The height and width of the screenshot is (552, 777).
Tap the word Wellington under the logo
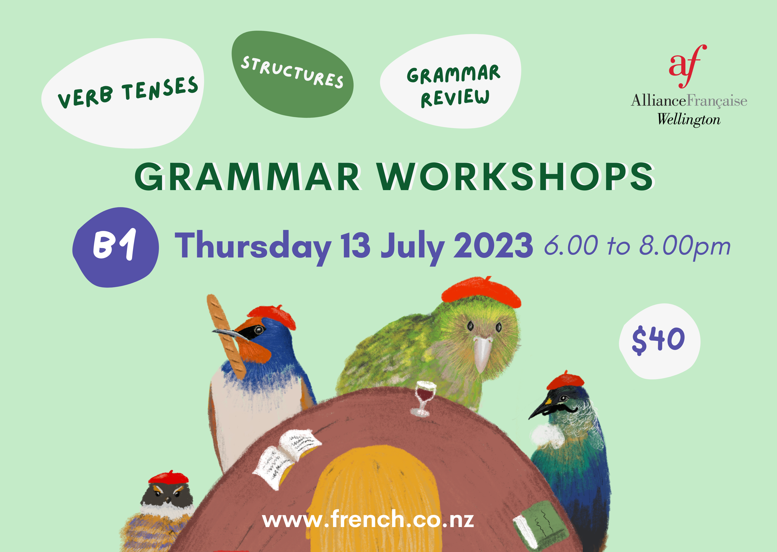[689, 120]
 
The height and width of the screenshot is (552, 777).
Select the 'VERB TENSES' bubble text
[127, 92]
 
